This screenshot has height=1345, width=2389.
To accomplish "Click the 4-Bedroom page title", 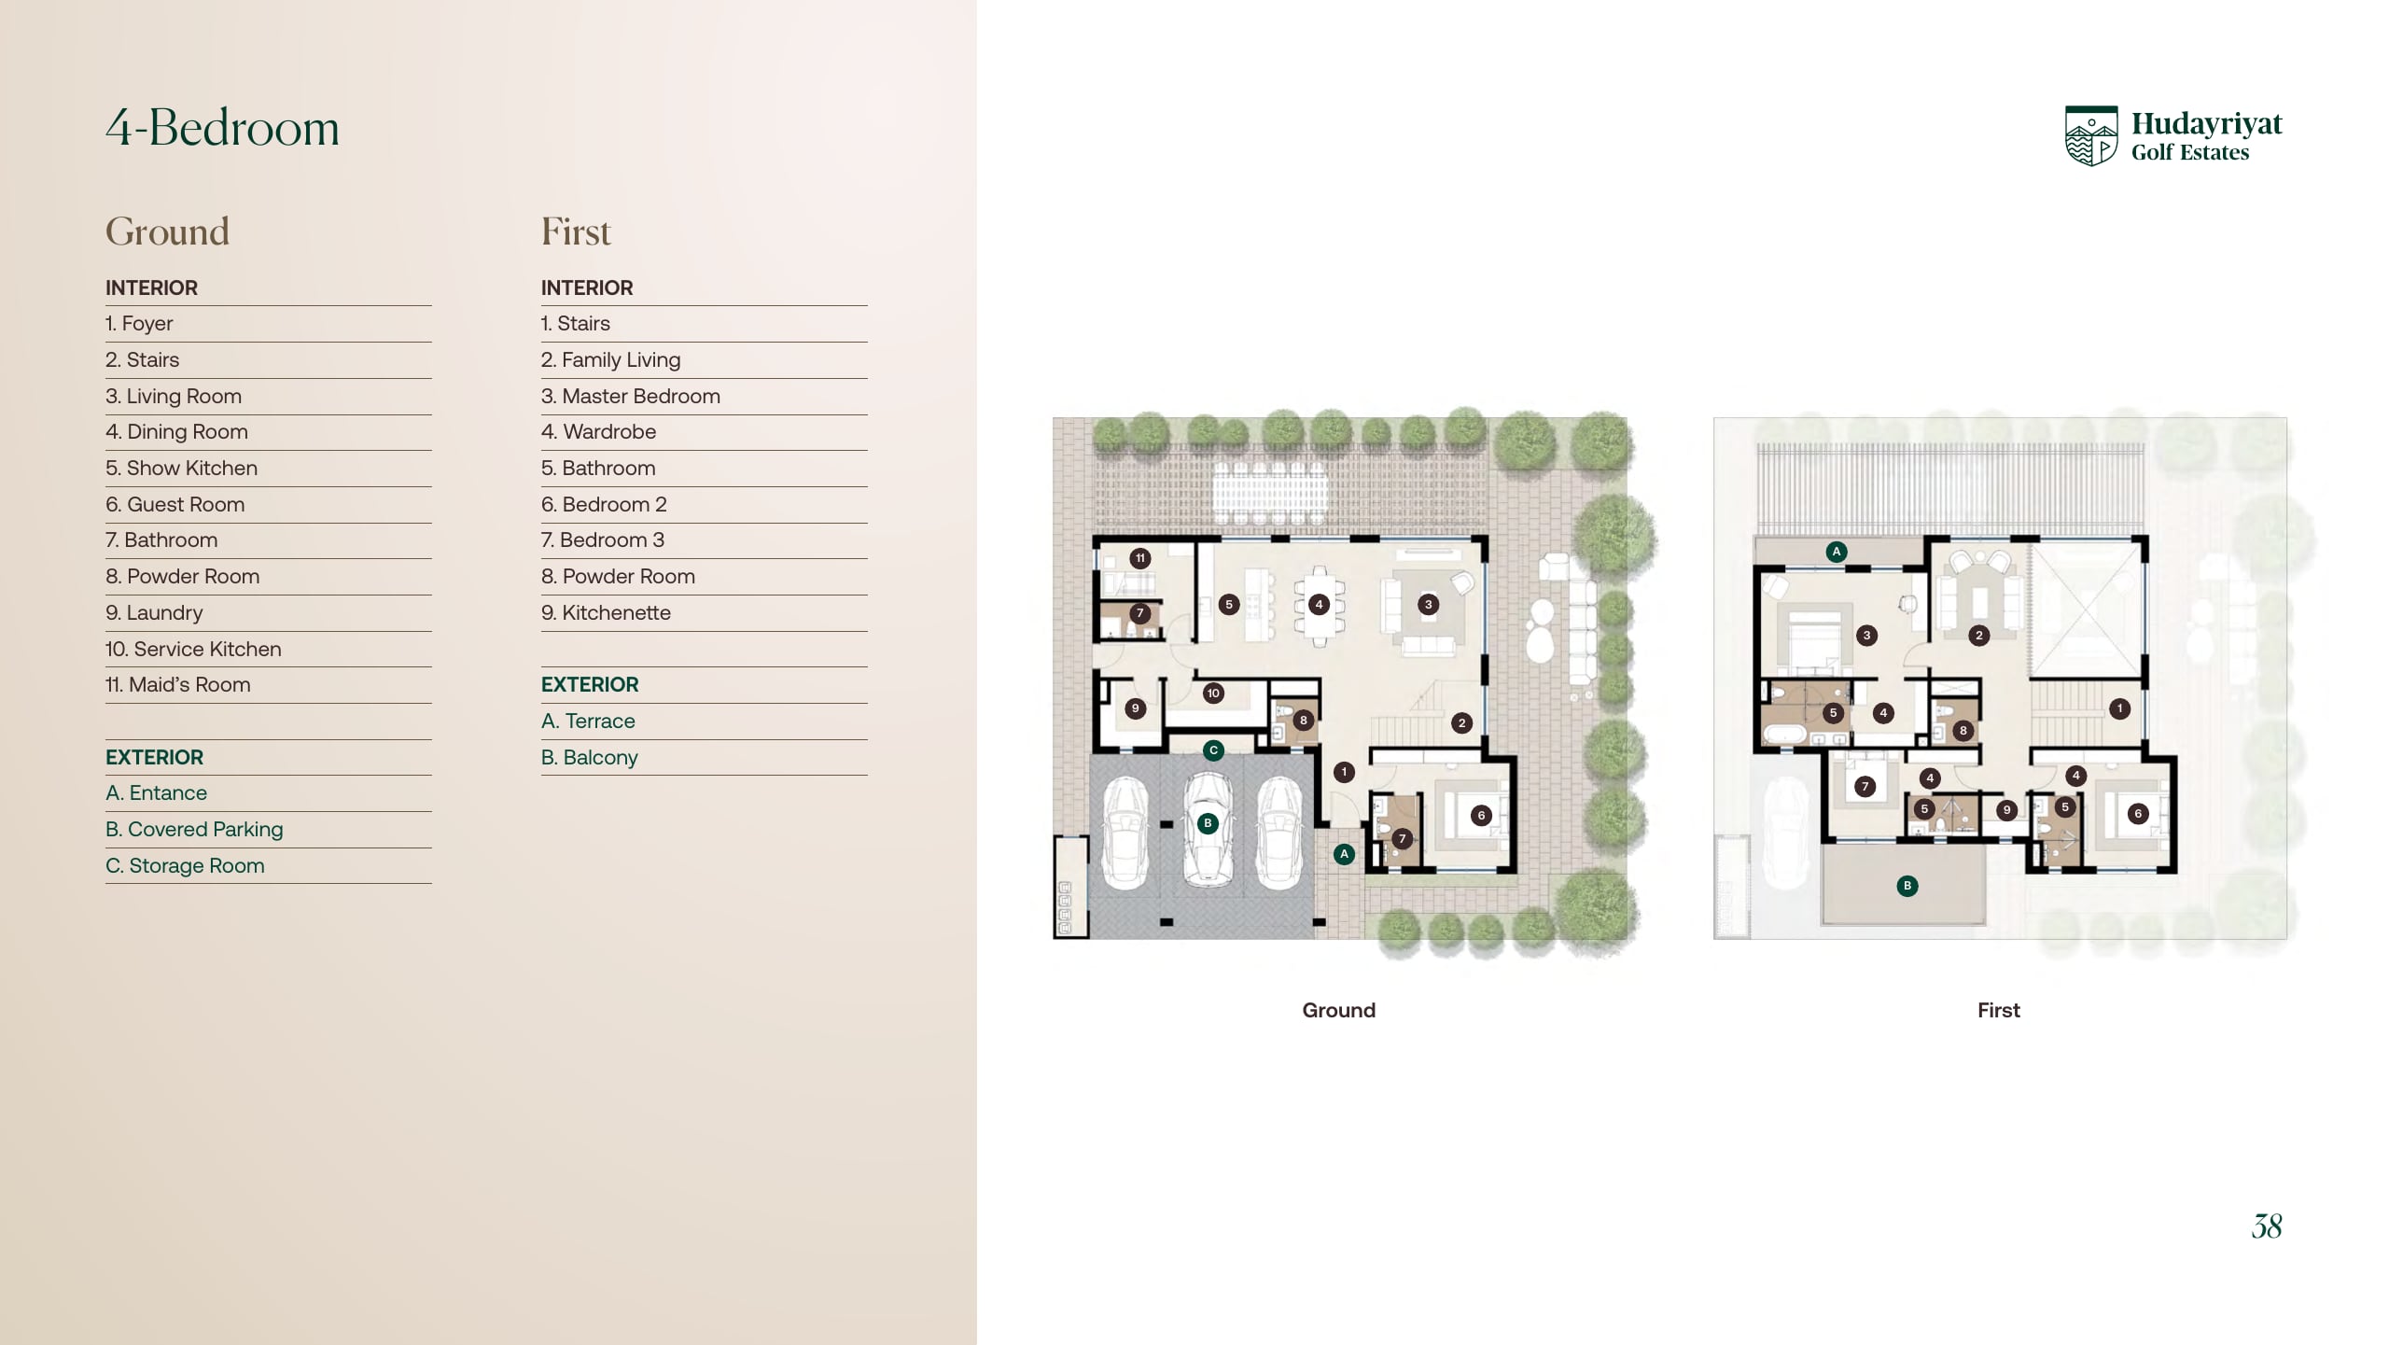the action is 222,127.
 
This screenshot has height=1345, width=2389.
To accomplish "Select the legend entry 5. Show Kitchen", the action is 181,468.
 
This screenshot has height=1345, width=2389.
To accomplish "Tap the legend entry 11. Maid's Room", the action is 177,684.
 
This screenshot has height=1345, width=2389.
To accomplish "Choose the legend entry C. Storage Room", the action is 185,865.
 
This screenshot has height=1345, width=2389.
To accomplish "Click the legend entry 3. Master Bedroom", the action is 631,396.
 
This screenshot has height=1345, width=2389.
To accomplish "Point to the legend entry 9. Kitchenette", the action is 606,612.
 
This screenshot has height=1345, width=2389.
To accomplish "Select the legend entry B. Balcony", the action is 590,757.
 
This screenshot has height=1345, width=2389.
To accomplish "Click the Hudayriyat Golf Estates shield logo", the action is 2091,135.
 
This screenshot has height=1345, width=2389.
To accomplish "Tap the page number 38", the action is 2267,1226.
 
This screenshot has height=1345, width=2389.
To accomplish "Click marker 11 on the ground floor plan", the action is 1139,558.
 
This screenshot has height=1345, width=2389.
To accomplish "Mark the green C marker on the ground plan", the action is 1213,750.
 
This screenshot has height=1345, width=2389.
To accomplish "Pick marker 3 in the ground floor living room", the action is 1428,605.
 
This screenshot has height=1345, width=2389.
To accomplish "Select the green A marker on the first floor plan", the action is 1837,552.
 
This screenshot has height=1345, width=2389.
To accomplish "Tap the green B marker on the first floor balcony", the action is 1907,886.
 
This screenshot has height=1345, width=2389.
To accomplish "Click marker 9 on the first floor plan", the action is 2006,810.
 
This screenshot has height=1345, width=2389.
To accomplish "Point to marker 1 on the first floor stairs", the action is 2119,708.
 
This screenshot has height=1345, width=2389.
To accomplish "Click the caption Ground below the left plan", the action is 1339,1010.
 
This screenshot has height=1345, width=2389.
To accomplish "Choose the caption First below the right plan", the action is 1999,1010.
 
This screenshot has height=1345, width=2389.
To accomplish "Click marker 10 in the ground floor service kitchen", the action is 1213,694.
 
